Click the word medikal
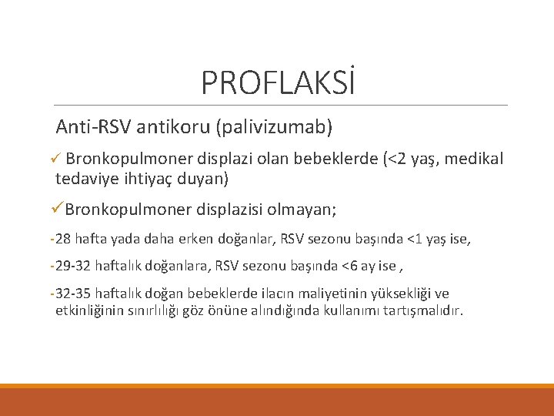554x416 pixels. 474,159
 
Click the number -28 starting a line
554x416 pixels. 58,240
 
